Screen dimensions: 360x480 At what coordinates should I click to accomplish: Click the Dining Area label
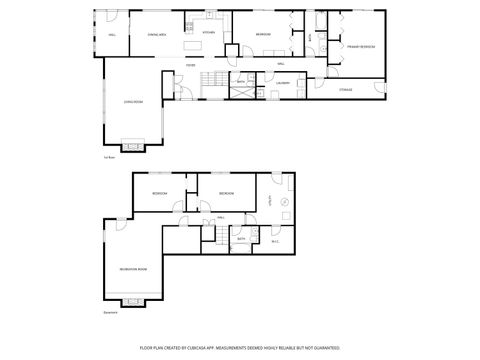click(x=157, y=35)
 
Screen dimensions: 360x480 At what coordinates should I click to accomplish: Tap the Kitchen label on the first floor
click(x=209, y=33)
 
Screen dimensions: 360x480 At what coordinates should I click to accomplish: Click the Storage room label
click(x=345, y=90)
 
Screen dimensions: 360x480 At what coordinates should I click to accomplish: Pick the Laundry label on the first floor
click(x=283, y=84)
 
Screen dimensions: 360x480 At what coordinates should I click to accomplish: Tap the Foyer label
click(x=189, y=65)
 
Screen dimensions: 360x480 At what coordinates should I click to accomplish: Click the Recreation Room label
click(x=133, y=270)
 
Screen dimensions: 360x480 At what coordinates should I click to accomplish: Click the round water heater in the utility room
click(x=284, y=203)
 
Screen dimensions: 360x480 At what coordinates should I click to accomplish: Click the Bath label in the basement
click(x=241, y=239)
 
